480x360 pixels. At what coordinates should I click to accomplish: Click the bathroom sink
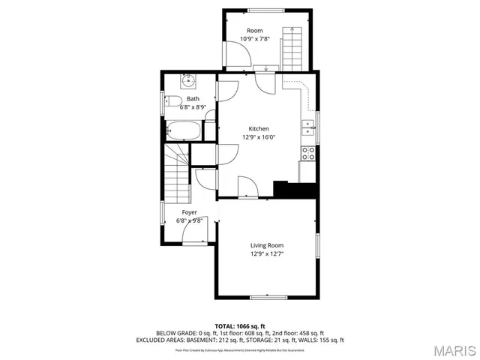click(188, 81)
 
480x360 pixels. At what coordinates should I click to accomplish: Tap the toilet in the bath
click(172, 102)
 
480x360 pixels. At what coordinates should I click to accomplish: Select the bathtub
click(182, 131)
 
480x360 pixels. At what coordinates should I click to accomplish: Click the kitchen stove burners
click(307, 152)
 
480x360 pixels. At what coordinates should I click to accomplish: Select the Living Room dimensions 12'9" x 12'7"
click(267, 253)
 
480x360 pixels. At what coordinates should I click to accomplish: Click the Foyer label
click(189, 212)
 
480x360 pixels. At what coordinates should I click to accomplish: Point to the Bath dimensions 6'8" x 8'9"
click(193, 107)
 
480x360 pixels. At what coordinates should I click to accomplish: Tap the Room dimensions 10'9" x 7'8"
click(255, 38)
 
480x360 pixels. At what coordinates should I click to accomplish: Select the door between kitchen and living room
click(247, 187)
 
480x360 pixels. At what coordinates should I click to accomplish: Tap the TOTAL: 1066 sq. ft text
click(239, 326)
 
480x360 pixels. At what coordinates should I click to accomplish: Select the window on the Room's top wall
click(257, 10)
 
